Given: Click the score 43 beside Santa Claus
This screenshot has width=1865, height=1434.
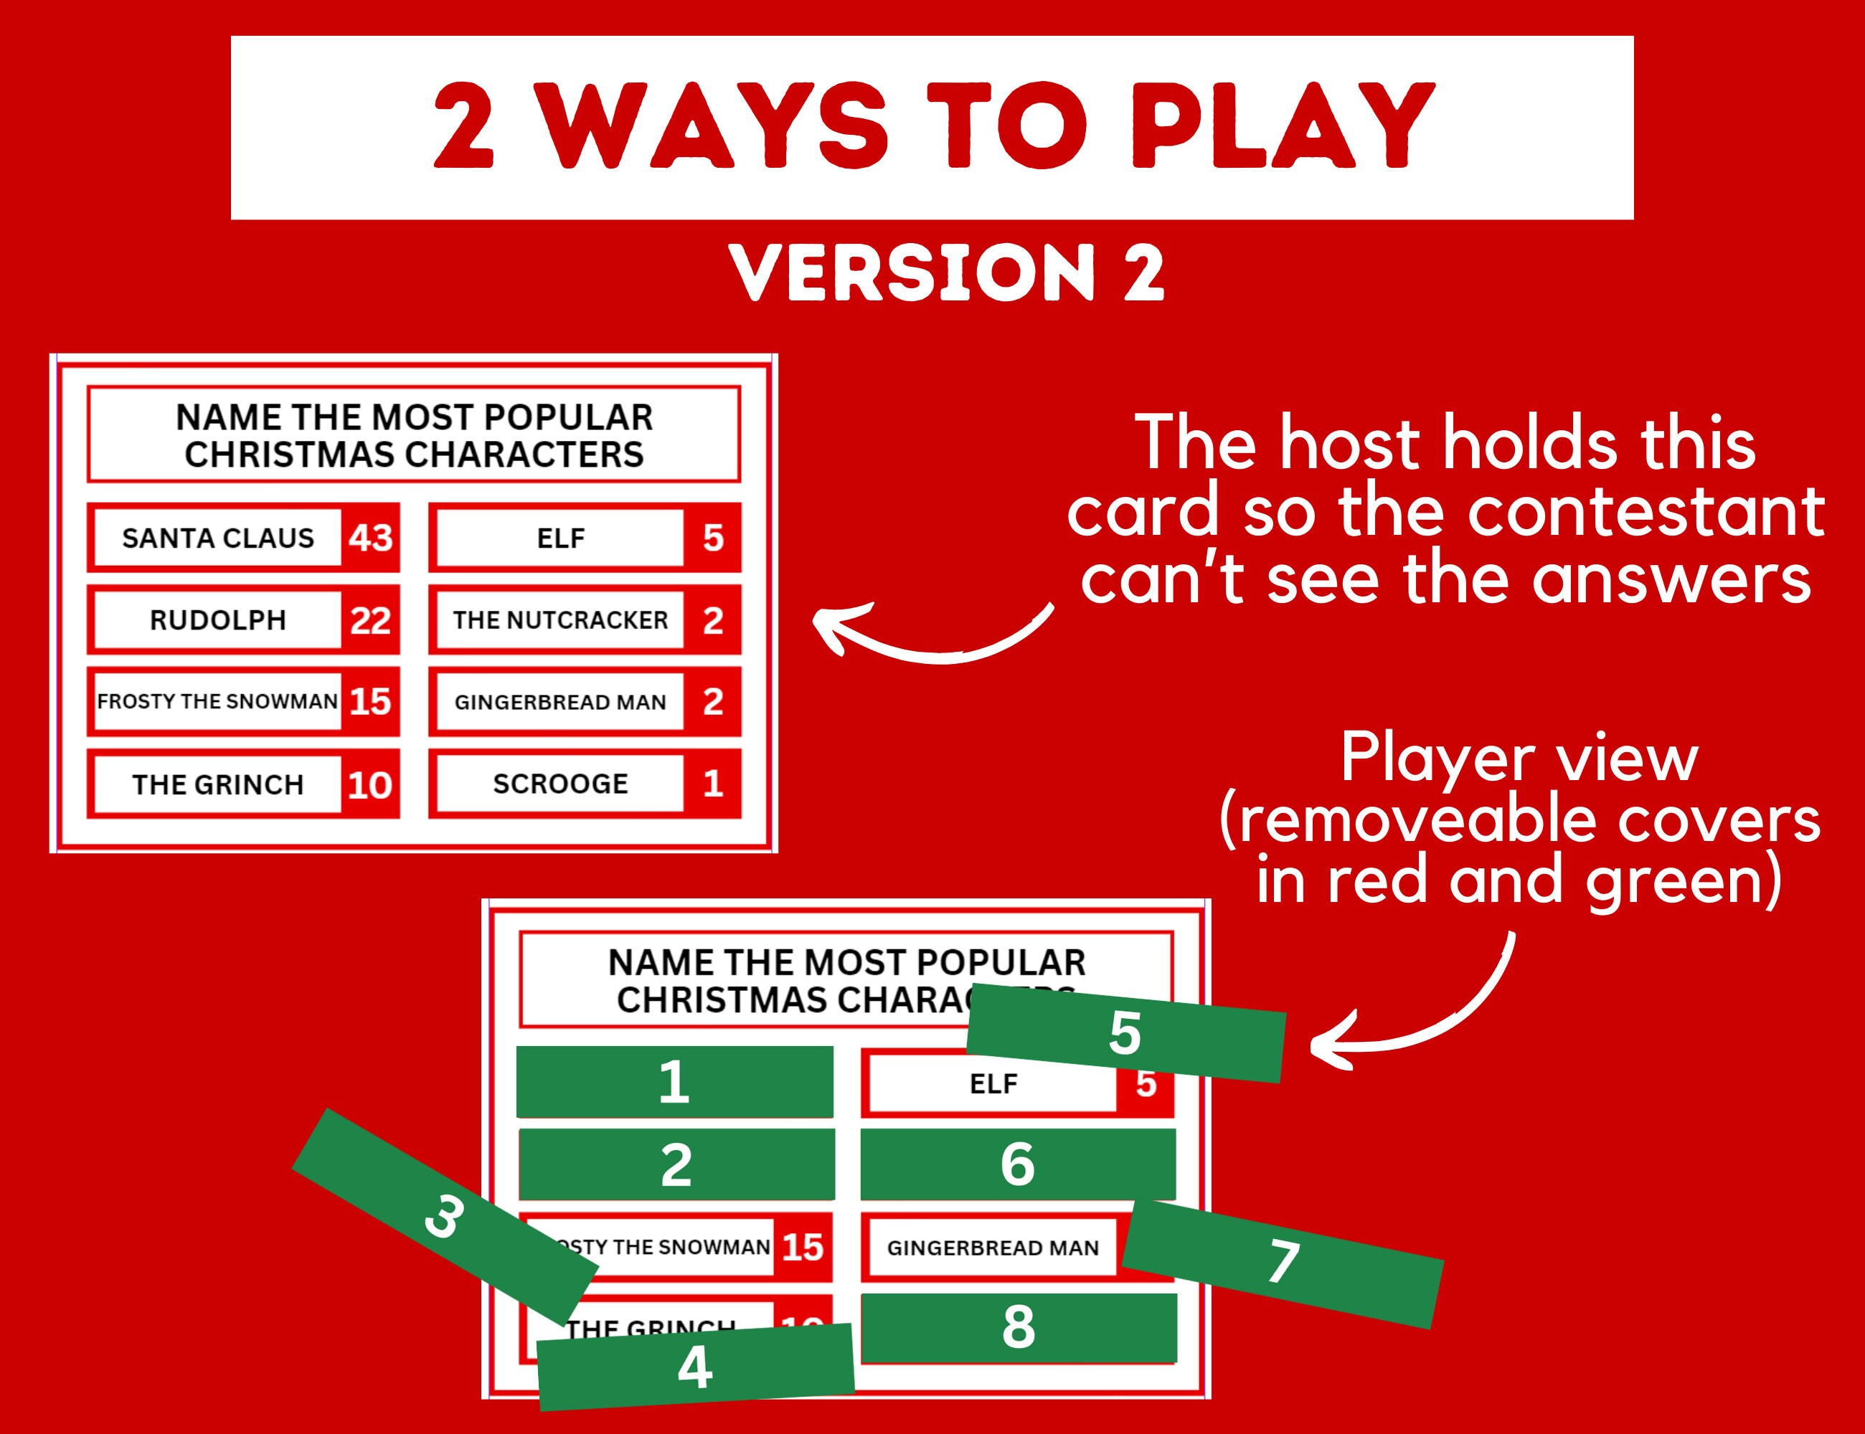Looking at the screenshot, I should tap(369, 538).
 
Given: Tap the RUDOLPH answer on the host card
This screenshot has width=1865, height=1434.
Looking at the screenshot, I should tap(218, 619).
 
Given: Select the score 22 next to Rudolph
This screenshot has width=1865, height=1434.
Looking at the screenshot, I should tap(369, 619).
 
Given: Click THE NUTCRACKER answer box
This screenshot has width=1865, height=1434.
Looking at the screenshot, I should tap(559, 619).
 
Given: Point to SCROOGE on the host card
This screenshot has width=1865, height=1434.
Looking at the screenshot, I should tap(559, 784).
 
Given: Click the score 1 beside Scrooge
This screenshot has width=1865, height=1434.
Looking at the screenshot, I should tap(712, 784).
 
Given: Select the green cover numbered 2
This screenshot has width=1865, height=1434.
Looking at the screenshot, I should tap(676, 1164).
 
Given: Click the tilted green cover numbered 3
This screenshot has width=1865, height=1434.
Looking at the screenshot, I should tap(444, 1216).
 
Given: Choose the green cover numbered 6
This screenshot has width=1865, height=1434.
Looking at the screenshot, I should tap(1018, 1164).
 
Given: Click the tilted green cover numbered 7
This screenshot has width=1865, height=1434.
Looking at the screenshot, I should tap(1283, 1263).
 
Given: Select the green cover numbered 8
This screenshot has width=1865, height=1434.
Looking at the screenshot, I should tap(1019, 1327).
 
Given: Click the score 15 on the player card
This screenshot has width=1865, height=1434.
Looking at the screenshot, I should tap(802, 1247).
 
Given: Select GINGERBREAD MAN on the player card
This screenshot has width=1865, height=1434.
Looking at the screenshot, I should tap(992, 1248).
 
